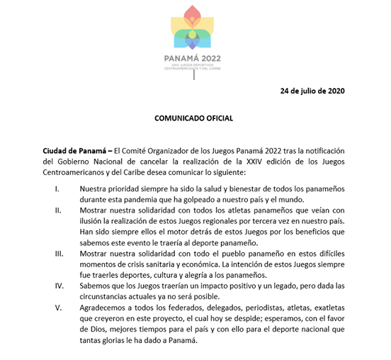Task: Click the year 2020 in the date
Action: tap(334, 91)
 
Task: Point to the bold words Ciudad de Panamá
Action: tap(69, 151)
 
